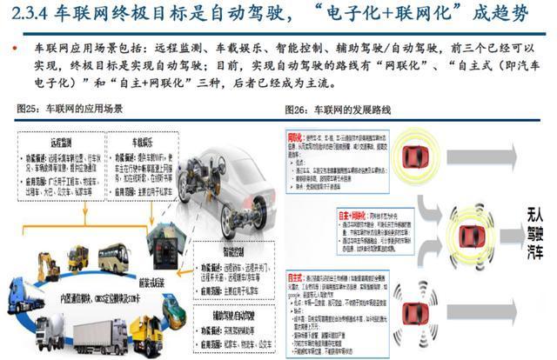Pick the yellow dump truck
click(147, 334)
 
